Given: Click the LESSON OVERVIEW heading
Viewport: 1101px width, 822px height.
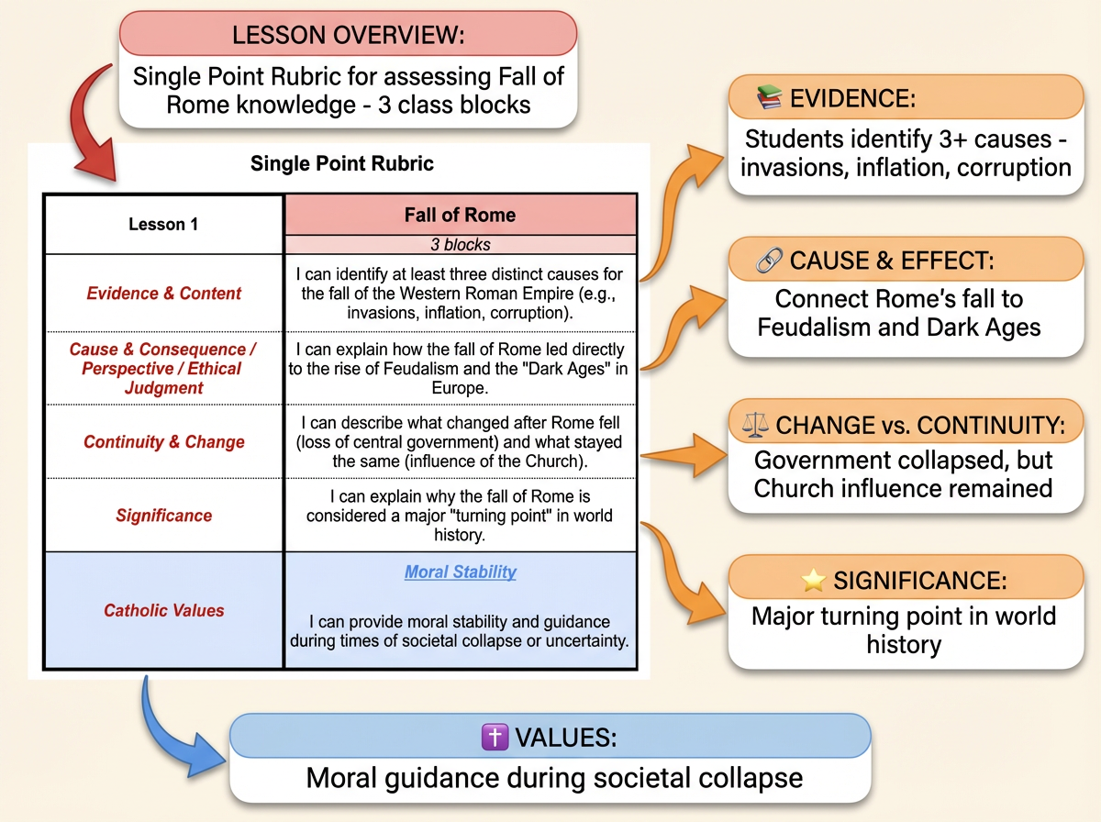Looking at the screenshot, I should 349,36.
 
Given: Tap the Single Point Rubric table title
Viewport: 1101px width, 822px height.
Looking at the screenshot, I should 342,165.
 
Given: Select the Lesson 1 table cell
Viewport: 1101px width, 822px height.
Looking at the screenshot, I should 163,224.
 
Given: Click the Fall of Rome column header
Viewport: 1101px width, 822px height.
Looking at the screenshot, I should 460,216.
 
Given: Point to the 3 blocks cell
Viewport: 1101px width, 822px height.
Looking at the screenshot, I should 460,245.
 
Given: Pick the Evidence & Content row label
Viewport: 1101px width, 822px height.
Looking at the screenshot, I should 163,294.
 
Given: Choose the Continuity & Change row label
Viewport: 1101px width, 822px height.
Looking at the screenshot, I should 163,442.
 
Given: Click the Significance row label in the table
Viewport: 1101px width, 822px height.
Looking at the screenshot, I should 163,516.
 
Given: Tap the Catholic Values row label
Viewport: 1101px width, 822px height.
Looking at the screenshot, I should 163,609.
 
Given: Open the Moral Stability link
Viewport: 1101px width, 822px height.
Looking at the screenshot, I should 460,572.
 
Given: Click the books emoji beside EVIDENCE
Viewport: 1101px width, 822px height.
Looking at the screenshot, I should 768,99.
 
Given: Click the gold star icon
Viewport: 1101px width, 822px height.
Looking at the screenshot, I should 813,580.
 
